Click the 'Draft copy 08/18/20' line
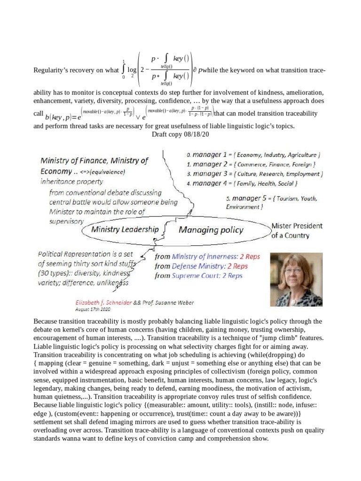coord(180,134)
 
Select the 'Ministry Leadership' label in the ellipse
coord(125,230)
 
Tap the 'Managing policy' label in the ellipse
coord(211,230)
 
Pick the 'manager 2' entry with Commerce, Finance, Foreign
coord(251,164)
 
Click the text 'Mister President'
coord(297,226)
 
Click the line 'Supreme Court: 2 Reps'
coord(201,276)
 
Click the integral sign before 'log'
coord(123,70)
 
